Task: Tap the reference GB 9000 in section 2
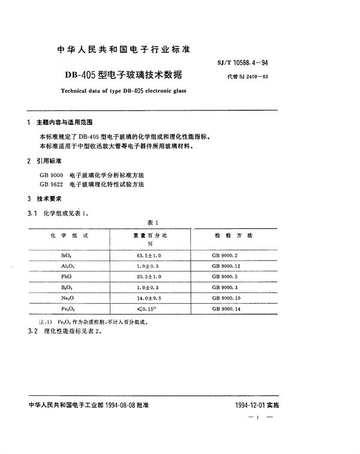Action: click(50, 174)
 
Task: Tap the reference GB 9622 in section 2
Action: click(50, 183)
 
